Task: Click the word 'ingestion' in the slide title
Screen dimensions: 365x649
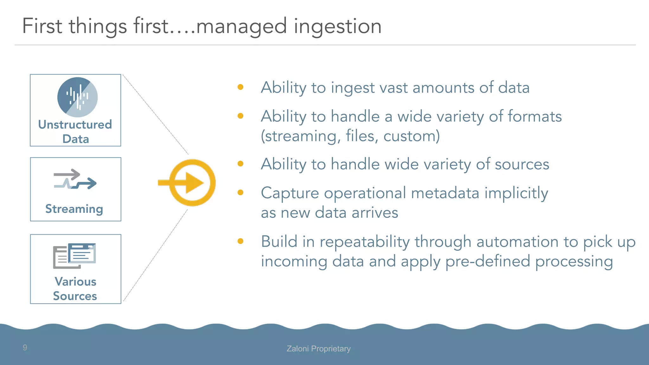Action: tap(337, 27)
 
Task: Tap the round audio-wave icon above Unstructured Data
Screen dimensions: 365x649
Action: tap(77, 97)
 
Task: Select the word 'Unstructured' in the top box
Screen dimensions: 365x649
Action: tap(75, 125)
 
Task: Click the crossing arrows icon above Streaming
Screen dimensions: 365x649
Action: tap(75, 179)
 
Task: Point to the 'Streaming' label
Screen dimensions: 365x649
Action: tap(74, 209)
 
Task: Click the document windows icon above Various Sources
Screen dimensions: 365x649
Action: tap(75, 256)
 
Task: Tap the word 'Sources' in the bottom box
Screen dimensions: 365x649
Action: tap(75, 296)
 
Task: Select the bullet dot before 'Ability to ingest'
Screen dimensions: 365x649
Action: tap(241, 87)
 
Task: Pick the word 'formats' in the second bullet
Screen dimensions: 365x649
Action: tap(535, 117)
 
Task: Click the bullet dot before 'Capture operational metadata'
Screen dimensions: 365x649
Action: tap(241, 193)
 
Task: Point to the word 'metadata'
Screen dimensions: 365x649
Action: tap(445, 193)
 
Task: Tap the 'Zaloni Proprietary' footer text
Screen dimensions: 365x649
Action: tap(318, 349)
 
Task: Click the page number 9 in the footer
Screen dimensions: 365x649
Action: tap(25, 348)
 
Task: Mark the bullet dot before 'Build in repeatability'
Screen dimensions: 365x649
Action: tap(241, 241)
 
